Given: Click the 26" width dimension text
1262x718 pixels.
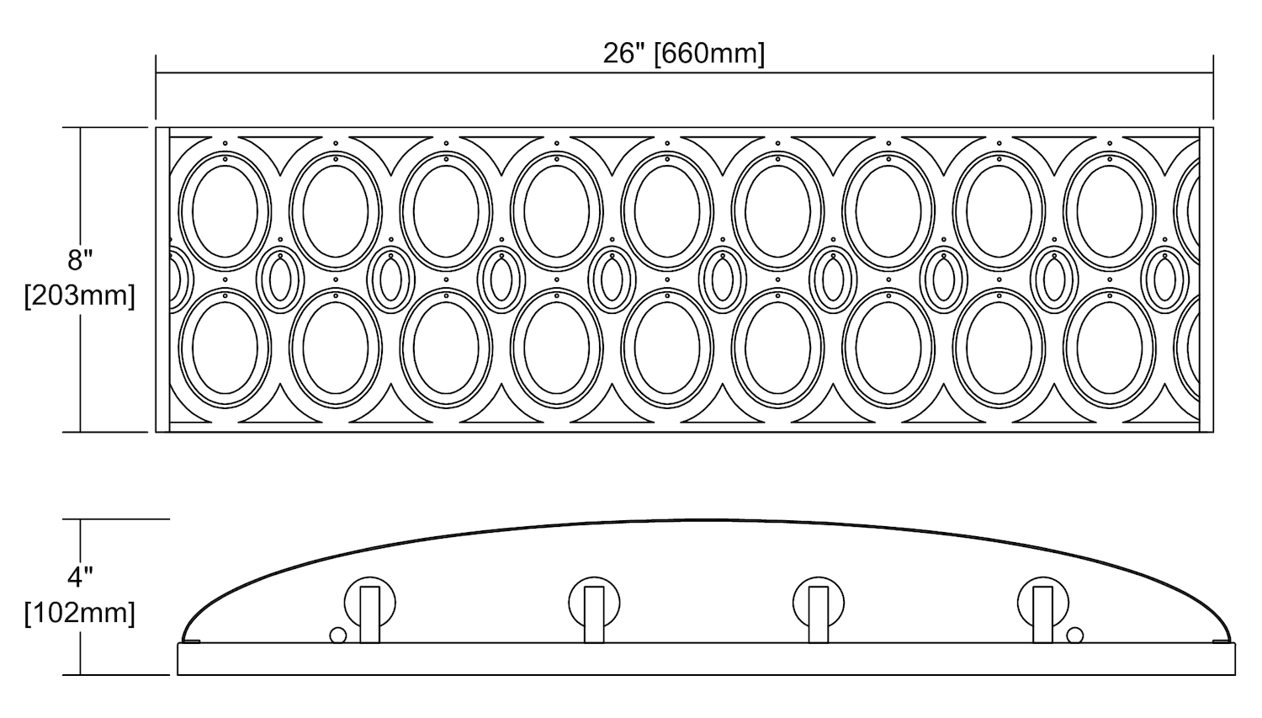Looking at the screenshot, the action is tap(624, 54).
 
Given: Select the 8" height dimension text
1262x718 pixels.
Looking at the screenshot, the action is tap(80, 260).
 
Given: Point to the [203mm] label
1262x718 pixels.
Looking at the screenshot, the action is tap(80, 295).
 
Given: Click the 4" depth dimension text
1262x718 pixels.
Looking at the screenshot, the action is tap(80, 577).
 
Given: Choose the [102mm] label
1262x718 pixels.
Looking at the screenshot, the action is tap(80, 613).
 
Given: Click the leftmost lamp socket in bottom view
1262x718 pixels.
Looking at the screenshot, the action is tap(369, 609).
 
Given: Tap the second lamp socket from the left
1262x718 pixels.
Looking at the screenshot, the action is tap(594, 609).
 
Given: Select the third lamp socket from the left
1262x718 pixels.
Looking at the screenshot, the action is tap(819, 609).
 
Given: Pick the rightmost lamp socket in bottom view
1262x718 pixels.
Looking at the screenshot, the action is tap(1043, 609).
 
